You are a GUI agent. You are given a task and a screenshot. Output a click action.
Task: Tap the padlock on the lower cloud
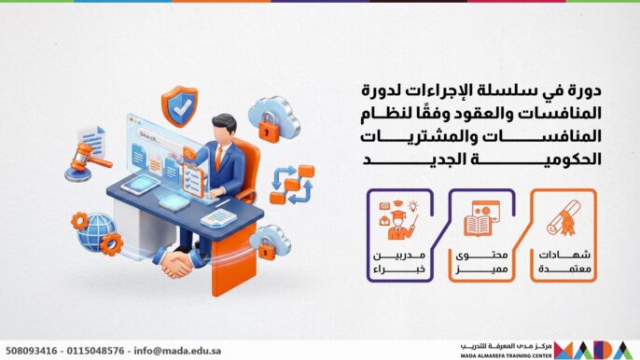pyautogui.click(x=270, y=242)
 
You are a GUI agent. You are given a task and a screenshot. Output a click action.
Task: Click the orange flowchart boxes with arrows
pyautogui.click(x=290, y=184)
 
